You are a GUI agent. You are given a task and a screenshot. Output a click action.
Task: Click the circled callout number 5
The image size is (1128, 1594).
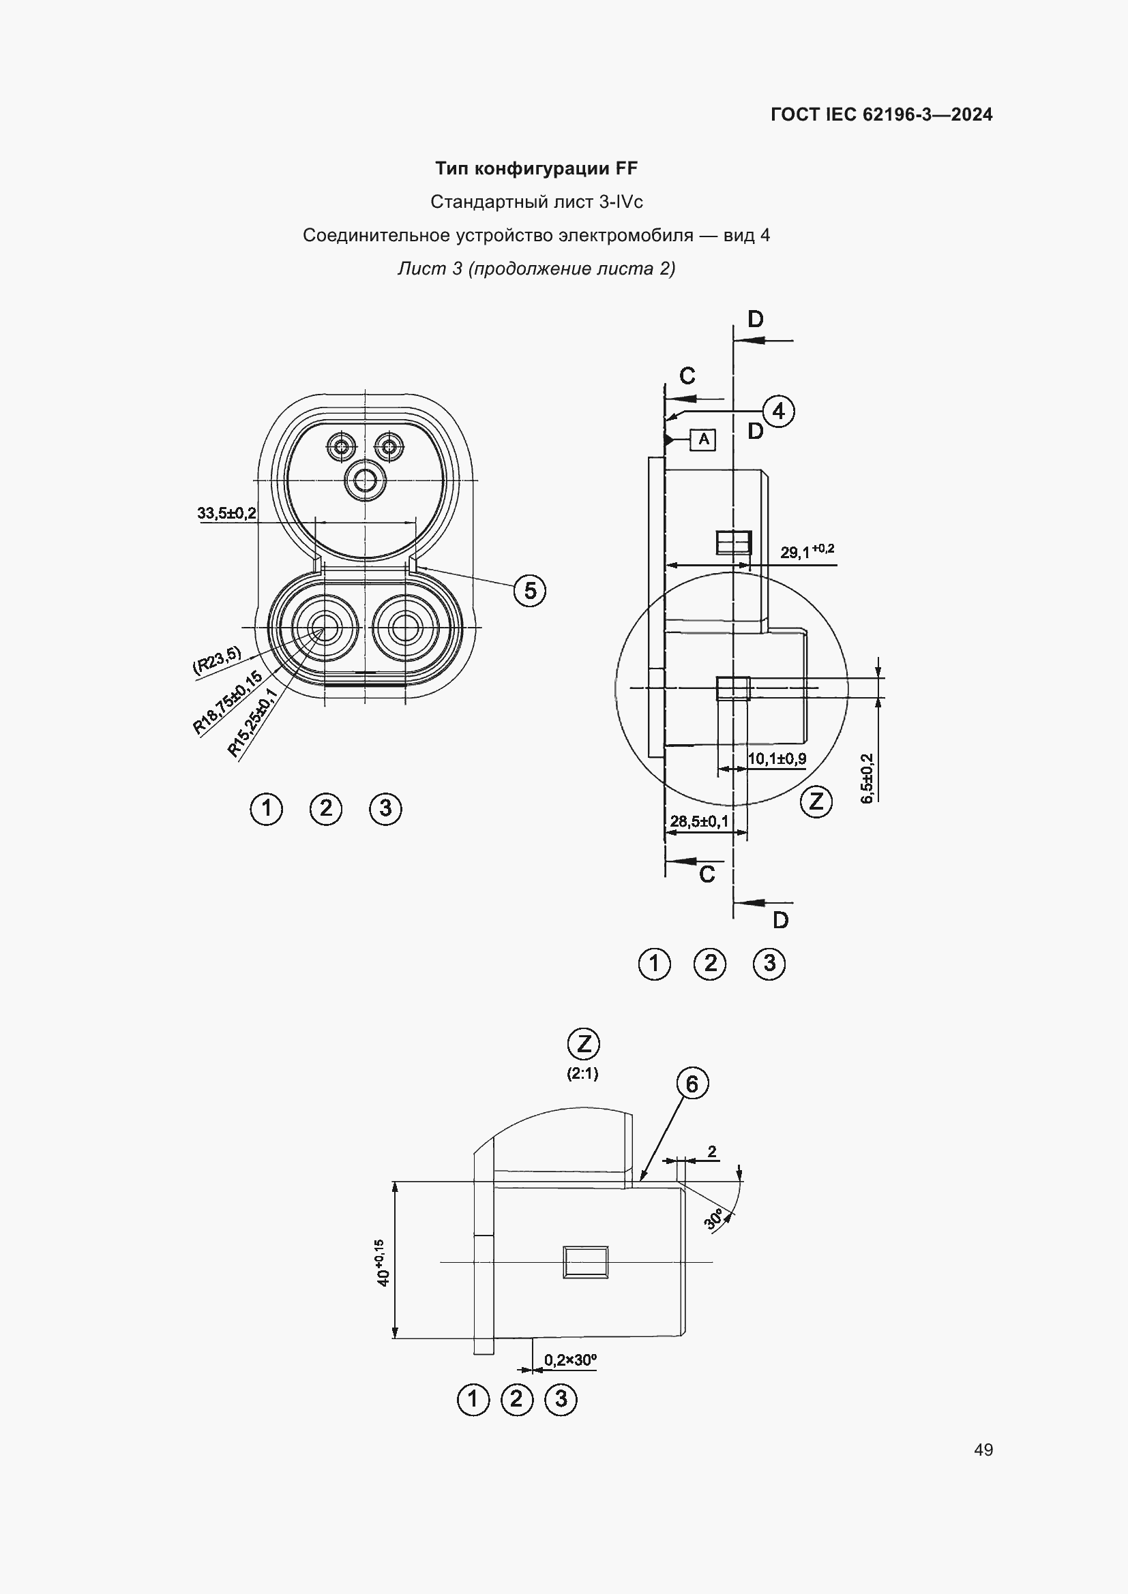530,591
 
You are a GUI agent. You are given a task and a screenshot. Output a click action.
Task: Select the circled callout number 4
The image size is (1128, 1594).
778,411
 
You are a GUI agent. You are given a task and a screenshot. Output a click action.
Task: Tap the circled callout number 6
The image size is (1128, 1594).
692,1084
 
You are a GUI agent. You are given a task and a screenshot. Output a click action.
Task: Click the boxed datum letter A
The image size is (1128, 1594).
704,439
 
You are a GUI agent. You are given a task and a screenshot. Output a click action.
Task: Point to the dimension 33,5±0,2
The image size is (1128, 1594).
226,513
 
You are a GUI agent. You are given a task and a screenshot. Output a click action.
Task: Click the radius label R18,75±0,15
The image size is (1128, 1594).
227,702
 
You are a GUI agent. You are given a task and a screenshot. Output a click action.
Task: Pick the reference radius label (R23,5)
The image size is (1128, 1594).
216,660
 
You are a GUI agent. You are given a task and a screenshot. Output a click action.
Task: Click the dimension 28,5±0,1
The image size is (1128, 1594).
699,821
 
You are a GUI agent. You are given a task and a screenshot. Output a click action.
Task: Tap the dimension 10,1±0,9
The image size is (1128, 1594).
777,758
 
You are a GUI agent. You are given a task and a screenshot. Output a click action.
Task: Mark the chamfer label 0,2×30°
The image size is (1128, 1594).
570,1360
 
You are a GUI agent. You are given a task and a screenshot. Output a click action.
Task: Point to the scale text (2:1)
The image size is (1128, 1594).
582,1073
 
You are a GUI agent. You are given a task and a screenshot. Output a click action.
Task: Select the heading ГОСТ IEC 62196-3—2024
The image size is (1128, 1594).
880,114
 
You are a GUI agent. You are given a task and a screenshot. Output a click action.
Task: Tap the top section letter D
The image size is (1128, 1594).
755,320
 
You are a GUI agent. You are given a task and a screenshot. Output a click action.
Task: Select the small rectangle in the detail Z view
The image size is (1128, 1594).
585,1261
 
